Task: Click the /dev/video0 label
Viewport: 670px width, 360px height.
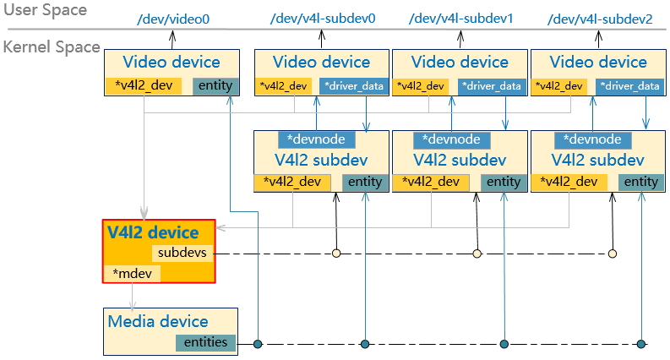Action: point(172,18)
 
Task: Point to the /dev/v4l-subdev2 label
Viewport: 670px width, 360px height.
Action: point(600,18)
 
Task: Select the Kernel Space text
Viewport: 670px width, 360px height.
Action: point(52,48)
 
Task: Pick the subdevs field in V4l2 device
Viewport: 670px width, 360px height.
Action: point(181,253)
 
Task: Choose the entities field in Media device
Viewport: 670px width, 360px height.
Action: point(205,342)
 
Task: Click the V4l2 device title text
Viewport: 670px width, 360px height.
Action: point(153,232)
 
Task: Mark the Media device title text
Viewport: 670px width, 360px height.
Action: point(158,321)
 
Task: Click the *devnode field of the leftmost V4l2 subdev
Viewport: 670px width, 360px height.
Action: point(317,139)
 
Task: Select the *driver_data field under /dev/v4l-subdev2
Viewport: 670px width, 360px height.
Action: point(629,86)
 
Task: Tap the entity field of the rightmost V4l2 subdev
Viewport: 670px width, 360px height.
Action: point(639,182)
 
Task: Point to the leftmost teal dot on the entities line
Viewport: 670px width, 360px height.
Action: point(259,344)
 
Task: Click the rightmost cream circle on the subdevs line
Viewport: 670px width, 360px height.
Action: point(613,253)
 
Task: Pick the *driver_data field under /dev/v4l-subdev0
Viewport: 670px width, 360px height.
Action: point(352,86)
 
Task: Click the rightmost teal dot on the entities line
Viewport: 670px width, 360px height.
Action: point(641,344)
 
